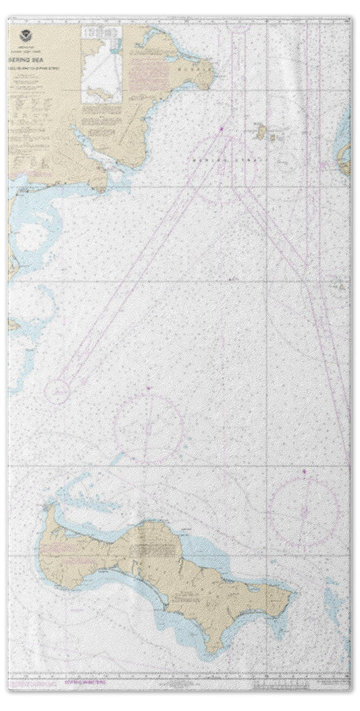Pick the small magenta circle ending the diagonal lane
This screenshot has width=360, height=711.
tap(57, 390)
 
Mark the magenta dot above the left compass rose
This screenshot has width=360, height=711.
tap(148, 387)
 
